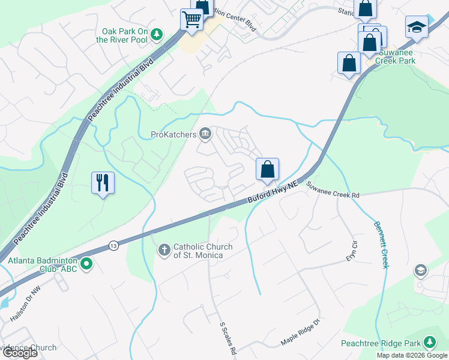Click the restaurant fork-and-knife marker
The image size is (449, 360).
coord(103,182)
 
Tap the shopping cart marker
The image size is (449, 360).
coord(191,19)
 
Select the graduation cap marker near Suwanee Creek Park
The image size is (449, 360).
coord(416,27)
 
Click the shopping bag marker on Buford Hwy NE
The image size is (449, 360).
coord(268,169)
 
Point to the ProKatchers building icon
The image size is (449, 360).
coord(206,134)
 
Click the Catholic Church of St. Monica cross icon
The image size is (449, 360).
coord(165,249)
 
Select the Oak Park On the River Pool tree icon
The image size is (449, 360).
coord(157,35)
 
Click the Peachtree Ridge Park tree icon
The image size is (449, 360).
coord(429,343)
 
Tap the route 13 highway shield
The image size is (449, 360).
coord(113,246)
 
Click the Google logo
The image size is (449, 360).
coord(20,353)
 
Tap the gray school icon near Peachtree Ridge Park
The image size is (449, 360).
coord(421,271)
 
